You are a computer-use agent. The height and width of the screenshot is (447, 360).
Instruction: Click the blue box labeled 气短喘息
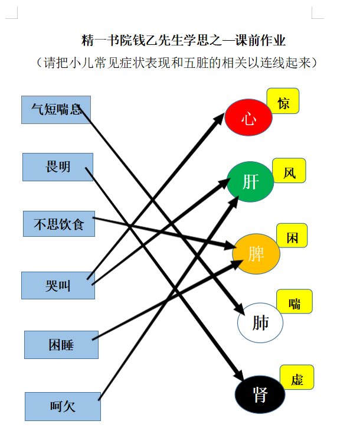[56, 110]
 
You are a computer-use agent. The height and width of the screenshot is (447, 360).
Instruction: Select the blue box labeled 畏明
[58, 167]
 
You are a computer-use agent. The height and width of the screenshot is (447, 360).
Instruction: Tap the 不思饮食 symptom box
[59, 224]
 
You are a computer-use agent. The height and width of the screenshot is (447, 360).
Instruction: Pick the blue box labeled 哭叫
[58, 285]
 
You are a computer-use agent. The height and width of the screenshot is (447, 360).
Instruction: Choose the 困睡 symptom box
[61, 345]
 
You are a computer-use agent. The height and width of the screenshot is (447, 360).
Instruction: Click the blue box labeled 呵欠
[63, 406]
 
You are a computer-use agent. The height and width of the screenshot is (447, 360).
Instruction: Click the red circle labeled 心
[248, 117]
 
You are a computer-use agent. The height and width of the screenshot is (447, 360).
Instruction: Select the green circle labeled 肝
[250, 182]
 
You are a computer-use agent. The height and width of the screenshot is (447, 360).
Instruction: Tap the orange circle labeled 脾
[256, 254]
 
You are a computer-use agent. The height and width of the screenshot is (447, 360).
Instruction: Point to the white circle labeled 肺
[260, 323]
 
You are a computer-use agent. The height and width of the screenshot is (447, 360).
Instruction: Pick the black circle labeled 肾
[260, 394]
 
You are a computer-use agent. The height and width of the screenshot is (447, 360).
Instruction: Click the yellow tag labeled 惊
[283, 101]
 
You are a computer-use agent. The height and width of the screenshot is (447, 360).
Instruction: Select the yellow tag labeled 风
[289, 171]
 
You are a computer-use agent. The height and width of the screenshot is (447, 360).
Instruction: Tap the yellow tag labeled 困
[292, 236]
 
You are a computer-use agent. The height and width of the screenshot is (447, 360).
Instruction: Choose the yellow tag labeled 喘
[294, 301]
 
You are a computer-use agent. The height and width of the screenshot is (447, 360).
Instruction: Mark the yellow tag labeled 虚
[297, 377]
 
